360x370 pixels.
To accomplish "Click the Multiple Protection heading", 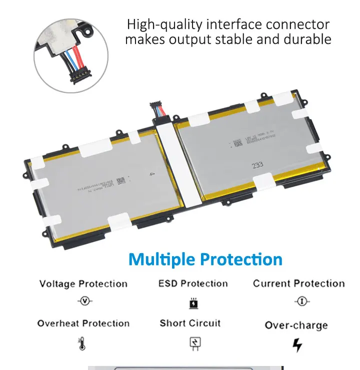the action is click(205, 260).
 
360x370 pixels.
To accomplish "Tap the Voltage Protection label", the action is click(83, 284).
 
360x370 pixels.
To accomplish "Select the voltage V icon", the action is click(85, 302).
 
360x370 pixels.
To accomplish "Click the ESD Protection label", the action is click(193, 284).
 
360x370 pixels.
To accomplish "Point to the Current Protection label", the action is click(298, 284).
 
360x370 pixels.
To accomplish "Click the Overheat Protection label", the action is click(83, 324).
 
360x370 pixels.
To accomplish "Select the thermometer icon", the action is click(82, 344).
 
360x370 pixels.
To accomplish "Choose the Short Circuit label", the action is click(190, 323).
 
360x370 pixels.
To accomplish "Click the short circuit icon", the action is click(194, 343).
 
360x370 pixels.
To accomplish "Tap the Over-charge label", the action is click(296, 326).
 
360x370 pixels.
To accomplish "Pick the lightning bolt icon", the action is click(297, 345).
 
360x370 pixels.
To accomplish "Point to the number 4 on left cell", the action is click(151, 175).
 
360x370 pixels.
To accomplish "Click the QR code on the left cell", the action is click(120, 181).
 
